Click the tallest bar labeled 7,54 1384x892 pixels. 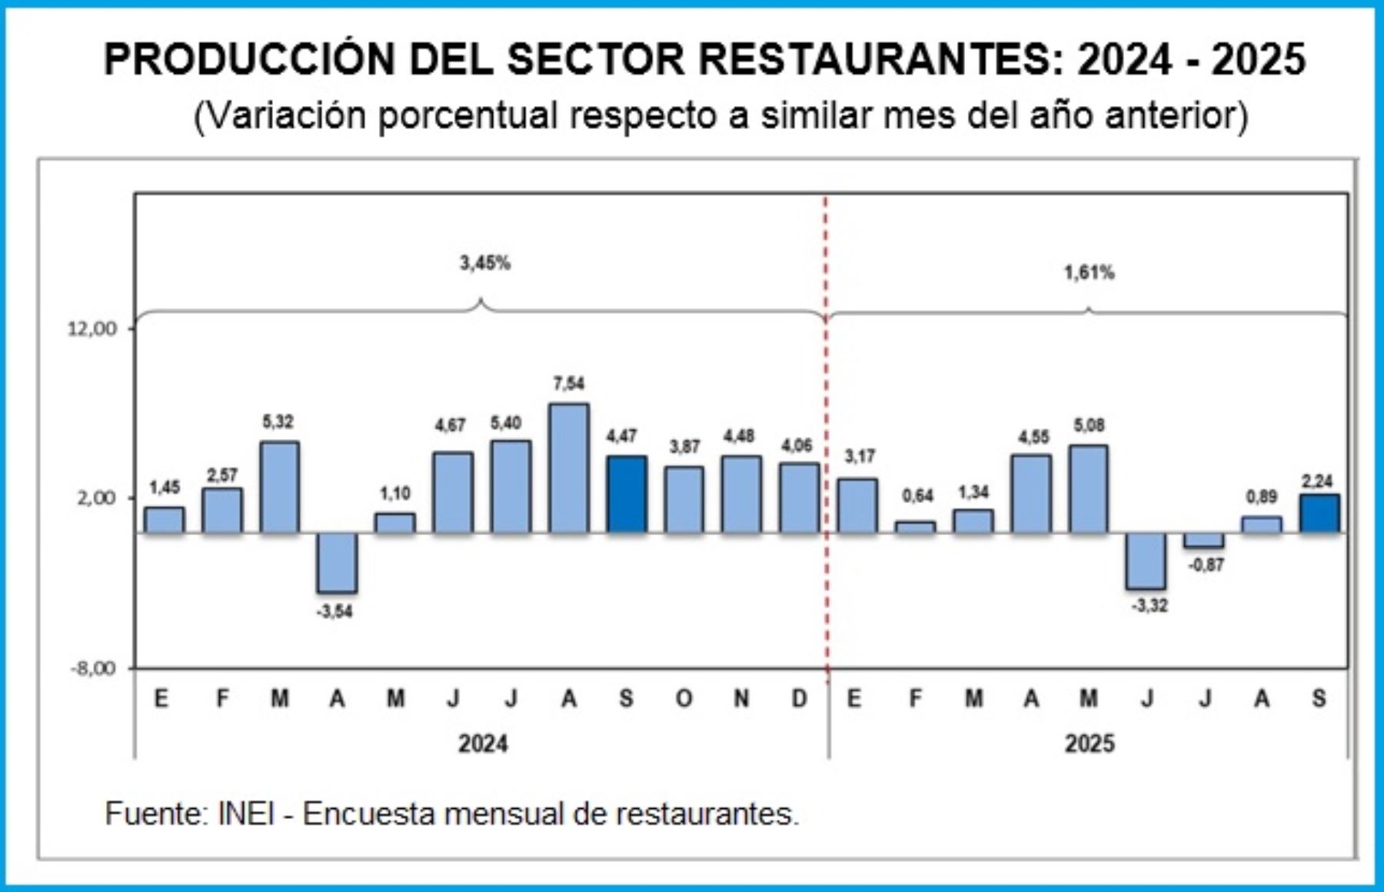(x=569, y=468)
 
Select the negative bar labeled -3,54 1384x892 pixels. (x=337, y=562)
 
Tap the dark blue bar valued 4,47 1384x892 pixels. (x=627, y=494)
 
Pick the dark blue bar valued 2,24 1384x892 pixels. (x=1319, y=513)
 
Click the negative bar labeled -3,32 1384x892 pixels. (x=1146, y=561)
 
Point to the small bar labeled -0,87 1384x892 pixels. (x=1204, y=540)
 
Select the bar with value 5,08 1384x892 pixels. (x=1089, y=488)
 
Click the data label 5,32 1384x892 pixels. (x=278, y=421)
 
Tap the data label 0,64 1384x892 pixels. (x=917, y=496)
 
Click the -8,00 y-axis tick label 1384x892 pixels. (x=92, y=668)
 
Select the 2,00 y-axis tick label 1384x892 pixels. (x=96, y=498)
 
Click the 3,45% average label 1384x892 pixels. (x=485, y=263)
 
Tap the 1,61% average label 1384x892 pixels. (x=1089, y=272)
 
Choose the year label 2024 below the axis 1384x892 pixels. (x=483, y=744)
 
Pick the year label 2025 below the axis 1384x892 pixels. (x=1089, y=744)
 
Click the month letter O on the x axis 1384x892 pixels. (x=684, y=698)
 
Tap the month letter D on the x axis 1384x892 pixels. (x=800, y=698)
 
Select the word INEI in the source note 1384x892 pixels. (x=245, y=814)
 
